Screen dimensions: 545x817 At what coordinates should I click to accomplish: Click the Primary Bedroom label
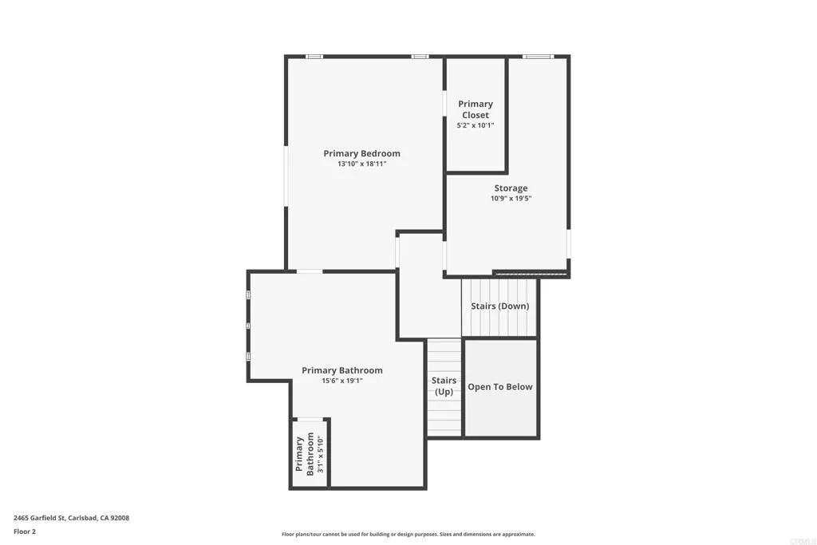coord(361,153)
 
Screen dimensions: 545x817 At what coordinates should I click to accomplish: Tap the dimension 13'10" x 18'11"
coord(361,164)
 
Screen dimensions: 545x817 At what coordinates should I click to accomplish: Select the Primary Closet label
coord(476,109)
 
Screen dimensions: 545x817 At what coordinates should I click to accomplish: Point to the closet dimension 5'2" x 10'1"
coord(476,125)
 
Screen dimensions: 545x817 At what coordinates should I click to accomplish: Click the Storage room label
coord(511,188)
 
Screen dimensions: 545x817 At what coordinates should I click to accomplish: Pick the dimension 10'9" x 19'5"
coord(511,199)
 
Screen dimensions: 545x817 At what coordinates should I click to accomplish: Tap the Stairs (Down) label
coord(499,306)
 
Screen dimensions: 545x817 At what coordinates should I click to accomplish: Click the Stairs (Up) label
coord(444,386)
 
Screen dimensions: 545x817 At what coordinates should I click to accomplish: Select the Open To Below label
coord(500,387)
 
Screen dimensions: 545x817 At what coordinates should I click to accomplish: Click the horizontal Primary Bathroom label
coord(341,370)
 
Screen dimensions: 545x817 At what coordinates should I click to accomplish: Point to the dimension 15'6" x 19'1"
coord(341,381)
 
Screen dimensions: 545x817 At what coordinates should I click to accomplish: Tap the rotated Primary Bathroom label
coord(305,454)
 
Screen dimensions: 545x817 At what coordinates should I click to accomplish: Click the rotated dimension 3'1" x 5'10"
coord(321,454)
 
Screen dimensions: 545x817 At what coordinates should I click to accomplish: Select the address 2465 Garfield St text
coord(71,518)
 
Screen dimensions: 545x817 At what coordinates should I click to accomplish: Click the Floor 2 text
coord(25,531)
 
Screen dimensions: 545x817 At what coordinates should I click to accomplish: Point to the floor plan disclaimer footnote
coord(408,535)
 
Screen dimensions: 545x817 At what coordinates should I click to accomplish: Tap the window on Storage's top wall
coord(537,57)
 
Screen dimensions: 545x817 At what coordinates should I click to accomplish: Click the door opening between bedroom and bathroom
coord(310,272)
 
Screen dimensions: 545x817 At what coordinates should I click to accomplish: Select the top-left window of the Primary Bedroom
coord(314,57)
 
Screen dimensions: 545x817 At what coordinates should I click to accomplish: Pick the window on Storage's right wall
coord(568,243)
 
